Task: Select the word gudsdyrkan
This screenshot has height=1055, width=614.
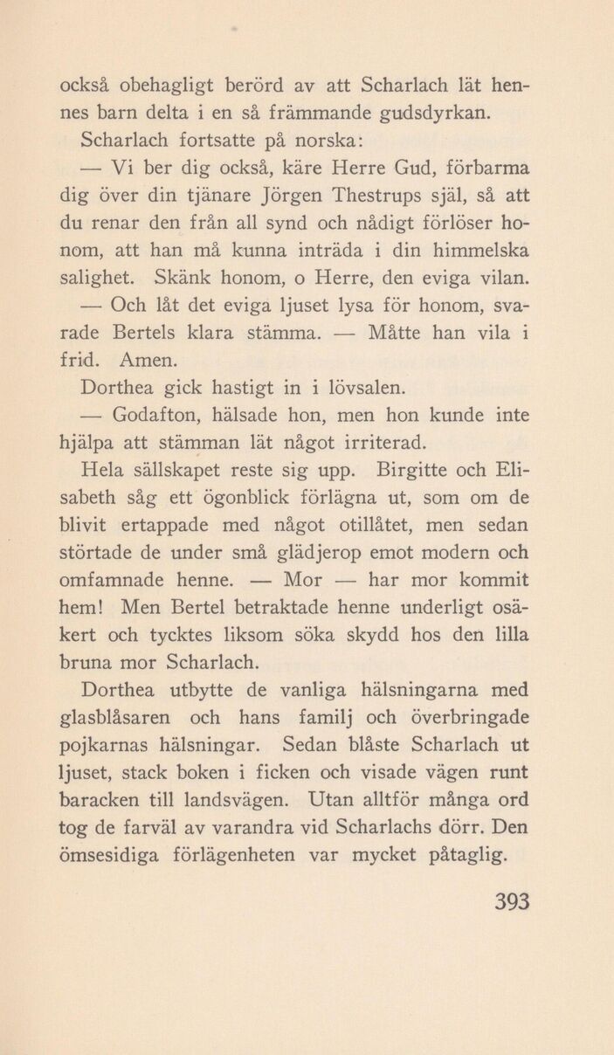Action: pos(473,114)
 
